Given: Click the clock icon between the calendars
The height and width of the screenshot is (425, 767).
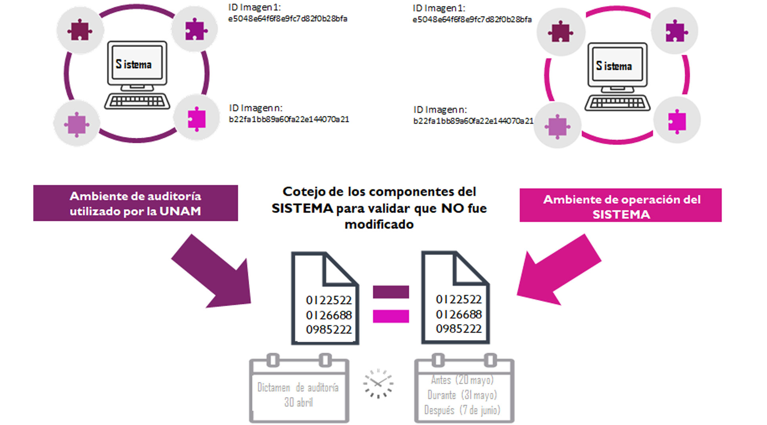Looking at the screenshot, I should pos(378,383).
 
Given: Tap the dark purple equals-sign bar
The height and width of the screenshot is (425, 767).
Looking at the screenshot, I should pos(390,292).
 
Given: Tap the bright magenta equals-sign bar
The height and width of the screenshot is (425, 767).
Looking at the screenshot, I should pos(390,316).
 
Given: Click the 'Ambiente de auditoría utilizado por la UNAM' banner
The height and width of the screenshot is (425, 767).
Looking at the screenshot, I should pos(135,203).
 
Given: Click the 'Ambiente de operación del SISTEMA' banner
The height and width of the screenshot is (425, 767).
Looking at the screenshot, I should pos(621,205).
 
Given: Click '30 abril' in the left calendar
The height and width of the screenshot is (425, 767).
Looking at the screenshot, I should pos(298,402).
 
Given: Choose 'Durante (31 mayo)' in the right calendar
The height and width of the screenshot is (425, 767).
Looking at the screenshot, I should pos(462,395).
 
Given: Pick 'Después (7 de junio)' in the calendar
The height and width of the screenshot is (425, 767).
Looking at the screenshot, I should pos(462,410).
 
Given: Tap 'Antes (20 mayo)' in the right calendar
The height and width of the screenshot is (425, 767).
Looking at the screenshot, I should pos(462,380).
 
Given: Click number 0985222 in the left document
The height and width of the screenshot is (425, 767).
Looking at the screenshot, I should pos(329,329).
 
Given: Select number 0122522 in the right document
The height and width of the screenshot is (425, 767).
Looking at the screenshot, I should pos(459,299).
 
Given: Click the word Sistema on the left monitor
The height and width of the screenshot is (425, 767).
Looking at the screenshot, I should pos(134,64).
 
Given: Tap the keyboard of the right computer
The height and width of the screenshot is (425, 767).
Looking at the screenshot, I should pos(617,103).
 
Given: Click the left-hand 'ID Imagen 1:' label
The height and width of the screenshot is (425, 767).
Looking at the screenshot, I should pos(254,7).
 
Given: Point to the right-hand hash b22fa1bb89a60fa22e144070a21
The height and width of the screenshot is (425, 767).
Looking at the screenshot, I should pos(473,121).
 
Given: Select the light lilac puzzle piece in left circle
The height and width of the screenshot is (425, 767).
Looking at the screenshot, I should pos(77,124).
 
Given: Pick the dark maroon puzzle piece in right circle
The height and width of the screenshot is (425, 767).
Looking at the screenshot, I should pos(560,32).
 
